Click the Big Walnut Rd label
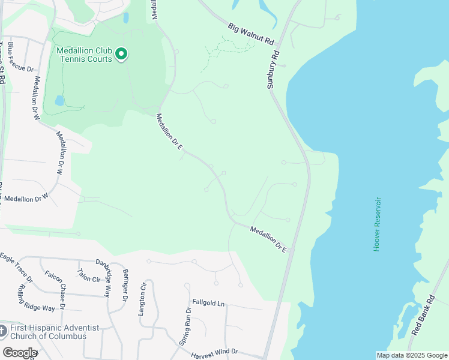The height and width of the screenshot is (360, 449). [251, 35]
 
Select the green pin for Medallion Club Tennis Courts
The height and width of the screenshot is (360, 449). [122, 55]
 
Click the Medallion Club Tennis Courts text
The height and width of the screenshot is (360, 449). [84, 55]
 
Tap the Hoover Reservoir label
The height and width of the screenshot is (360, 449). [378, 224]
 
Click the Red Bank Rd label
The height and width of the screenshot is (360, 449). [423, 316]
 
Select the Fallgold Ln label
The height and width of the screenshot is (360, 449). [208, 304]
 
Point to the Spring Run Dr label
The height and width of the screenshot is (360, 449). [185, 326]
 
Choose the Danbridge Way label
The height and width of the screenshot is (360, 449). [104, 277]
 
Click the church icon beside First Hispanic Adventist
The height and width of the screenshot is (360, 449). [3, 331]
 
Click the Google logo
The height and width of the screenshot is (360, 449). [20, 352]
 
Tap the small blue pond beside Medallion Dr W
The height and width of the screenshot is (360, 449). [59, 101]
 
